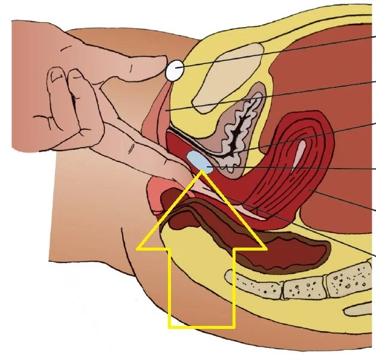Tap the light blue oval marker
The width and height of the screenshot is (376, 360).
[198, 160]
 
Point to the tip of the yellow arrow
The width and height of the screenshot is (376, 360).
[202, 172]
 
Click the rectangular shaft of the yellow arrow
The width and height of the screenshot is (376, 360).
[201, 287]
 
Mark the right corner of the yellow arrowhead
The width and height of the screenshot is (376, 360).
[264, 247]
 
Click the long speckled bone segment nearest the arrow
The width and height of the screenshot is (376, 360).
[251, 279]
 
